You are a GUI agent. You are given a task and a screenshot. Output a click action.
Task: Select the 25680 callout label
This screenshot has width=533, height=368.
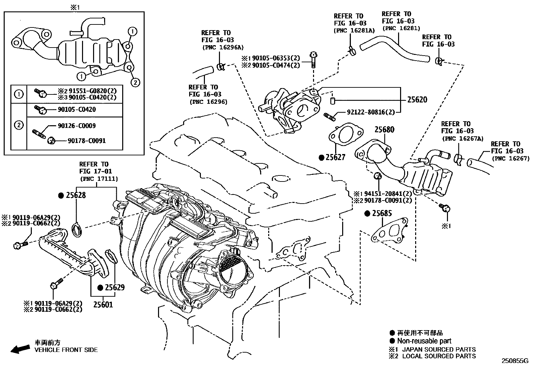pyautogui.click(x=384, y=130)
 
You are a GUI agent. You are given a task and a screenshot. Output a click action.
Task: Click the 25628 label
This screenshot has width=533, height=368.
pyautogui.click(x=76, y=195)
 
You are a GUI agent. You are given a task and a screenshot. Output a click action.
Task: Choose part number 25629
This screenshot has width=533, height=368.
pyautogui.click(x=115, y=287)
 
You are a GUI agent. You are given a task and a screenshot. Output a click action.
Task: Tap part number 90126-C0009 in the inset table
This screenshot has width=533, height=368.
pyautogui.click(x=77, y=126)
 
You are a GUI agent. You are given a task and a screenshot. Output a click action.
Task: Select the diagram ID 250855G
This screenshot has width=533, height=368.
pyautogui.click(x=514, y=361)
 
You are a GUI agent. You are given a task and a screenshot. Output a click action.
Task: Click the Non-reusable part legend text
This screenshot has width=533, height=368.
pyautogui.click(x=424, y=341)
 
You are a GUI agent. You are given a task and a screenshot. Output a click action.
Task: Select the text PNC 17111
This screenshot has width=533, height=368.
pyautogui.click(x=99, y=179)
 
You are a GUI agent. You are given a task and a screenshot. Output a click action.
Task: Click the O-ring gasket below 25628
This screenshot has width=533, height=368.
pyautogui.click(x=78, y=230)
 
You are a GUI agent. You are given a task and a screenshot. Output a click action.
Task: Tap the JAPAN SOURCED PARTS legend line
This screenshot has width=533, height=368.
pyautogui.click(x=439, y=349)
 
